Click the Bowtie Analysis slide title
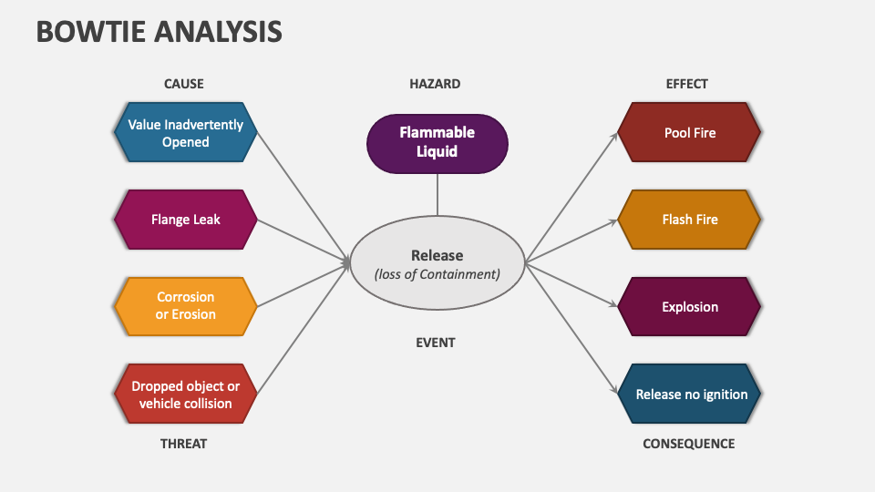coord(159,31)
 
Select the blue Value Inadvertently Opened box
coord(185,133)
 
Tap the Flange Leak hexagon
coord(185,220)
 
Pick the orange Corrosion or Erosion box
coord(185,306)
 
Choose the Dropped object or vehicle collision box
coord(185,395)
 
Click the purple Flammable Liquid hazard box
coord(437,142)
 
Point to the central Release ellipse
coord(437,264)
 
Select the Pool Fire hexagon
coord(689,133)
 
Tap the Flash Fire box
coord(689,220)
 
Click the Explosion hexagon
coord(689,307)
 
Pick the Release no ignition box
coord(689,395)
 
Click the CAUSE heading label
coord(184,84)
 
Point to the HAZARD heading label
coord(435,84)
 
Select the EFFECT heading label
coord(687,84)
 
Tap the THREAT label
coord(184,444)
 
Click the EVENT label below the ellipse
coord(435,343)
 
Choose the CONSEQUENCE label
coord(688,444)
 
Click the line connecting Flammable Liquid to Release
coord(437,193)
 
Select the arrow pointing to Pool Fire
coord(571,197)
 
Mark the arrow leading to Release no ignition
coord(571,329)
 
